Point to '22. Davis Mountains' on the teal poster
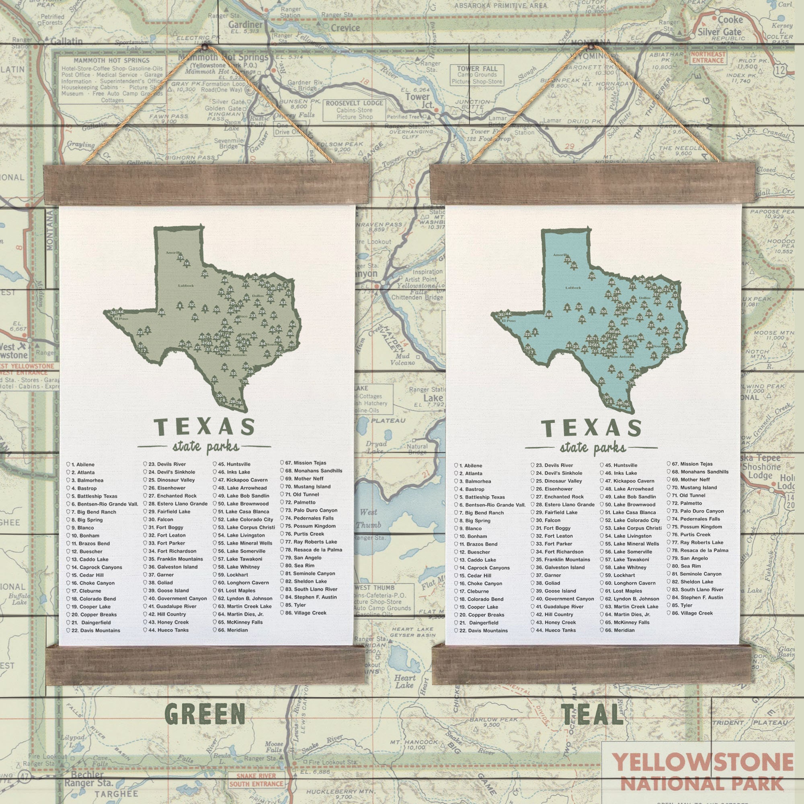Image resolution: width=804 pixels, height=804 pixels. coord(483,630)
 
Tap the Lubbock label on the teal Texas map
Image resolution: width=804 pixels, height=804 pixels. coord(572,287)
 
